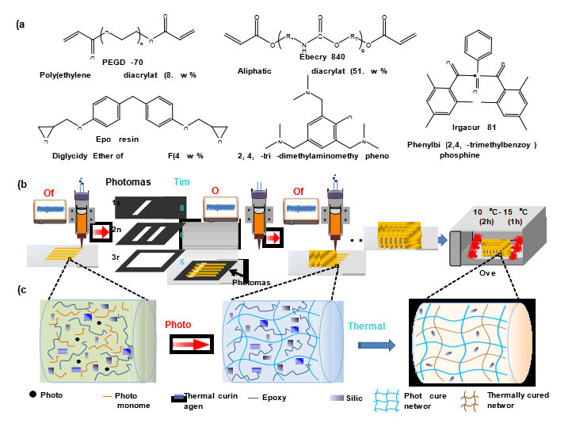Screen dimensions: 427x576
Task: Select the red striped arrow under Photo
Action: [189, 345]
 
